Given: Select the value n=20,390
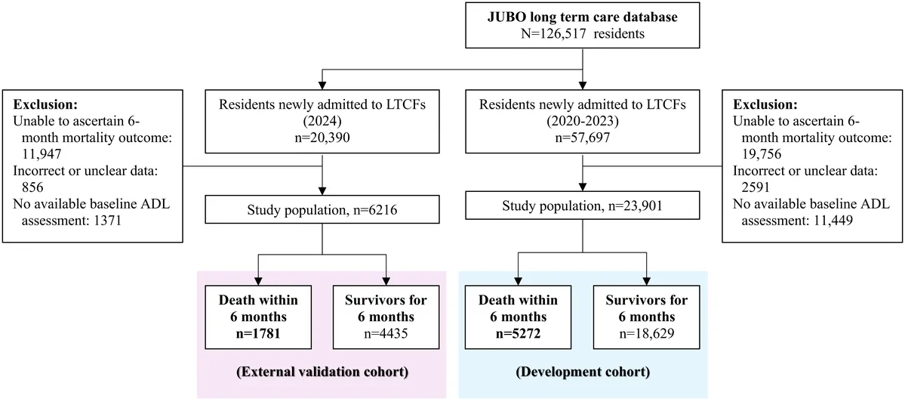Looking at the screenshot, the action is [x=322, y=139].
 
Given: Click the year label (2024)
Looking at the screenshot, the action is [x=322, y=123].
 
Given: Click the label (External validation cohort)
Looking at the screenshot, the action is [x=322, y=371].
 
